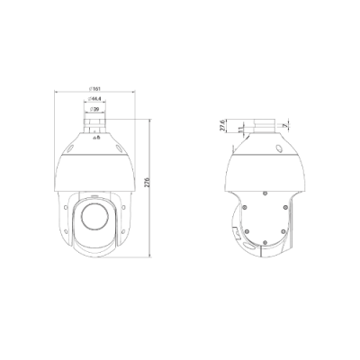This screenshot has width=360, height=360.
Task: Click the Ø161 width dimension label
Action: [x=95, y=88]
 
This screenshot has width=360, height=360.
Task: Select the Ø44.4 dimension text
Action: [x=95, y=99]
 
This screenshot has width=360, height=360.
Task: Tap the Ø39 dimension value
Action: [x=95, y=108]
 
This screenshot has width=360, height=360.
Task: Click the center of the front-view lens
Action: [x=95, y=215]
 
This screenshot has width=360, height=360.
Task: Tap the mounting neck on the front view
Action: [x=95, y=121]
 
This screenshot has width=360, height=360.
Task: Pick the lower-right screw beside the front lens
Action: [x=122, y=236]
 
